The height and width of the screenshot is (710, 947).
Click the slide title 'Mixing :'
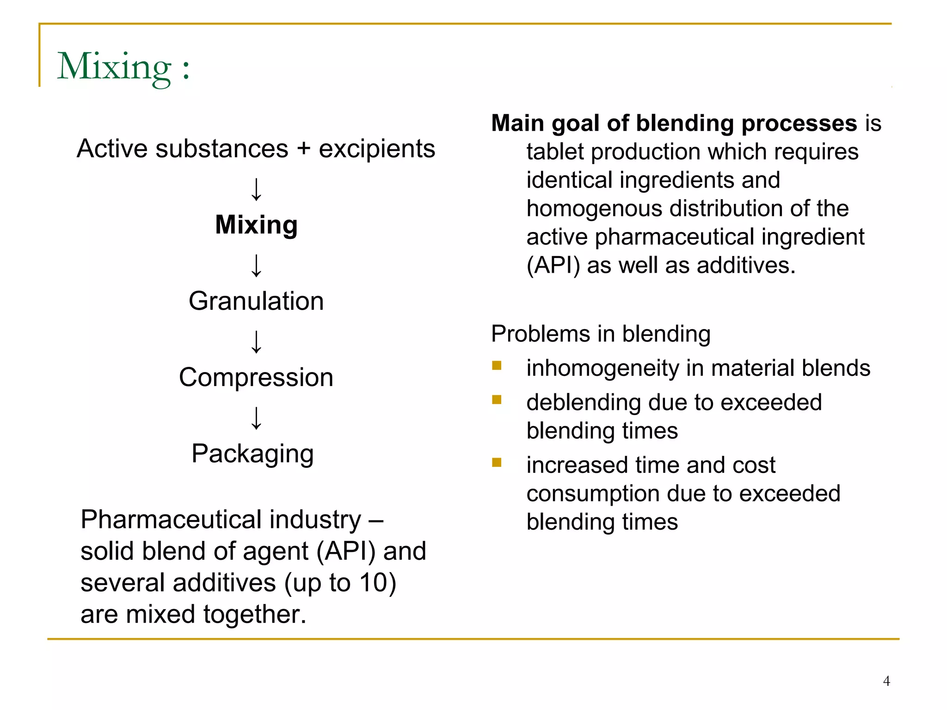pyautogui.click(x=123, y=67)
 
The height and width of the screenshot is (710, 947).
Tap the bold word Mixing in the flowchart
pyautogui.click(x=256, y=225)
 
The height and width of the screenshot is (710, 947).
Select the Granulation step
pyautogui.click(x=256, y=301)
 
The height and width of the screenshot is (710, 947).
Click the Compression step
pyautogui.click(x=256, y=378)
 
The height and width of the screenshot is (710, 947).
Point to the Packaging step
pyautogui.click(x=252, y=454)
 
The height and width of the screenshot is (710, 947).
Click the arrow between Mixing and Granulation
pyautogui.click(x=256, y=265)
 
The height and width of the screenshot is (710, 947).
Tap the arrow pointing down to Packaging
pyautogui.click(x=256, y=418)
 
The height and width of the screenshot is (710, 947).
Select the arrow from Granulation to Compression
pyautogui.click(x=256, y=342)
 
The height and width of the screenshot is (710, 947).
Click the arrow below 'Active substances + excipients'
pyautogui.click(x=256, y=190)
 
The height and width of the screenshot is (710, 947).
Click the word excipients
pyautogui.click(x=377, y=149)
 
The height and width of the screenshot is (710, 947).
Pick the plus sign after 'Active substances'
pyautogui.click(x=304, y=149)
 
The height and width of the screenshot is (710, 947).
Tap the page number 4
pyautogui.click(x=886, y=681)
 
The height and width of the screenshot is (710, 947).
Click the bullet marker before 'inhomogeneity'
pyautogui.click(x=497, y=366)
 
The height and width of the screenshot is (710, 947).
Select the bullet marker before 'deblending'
pyautogui.click(x=497, y=400)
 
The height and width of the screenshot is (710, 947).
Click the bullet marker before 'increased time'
pyautogui.click(x=497, y=463)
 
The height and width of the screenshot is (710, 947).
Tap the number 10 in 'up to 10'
pyautogui.click(x=373, y=582)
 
